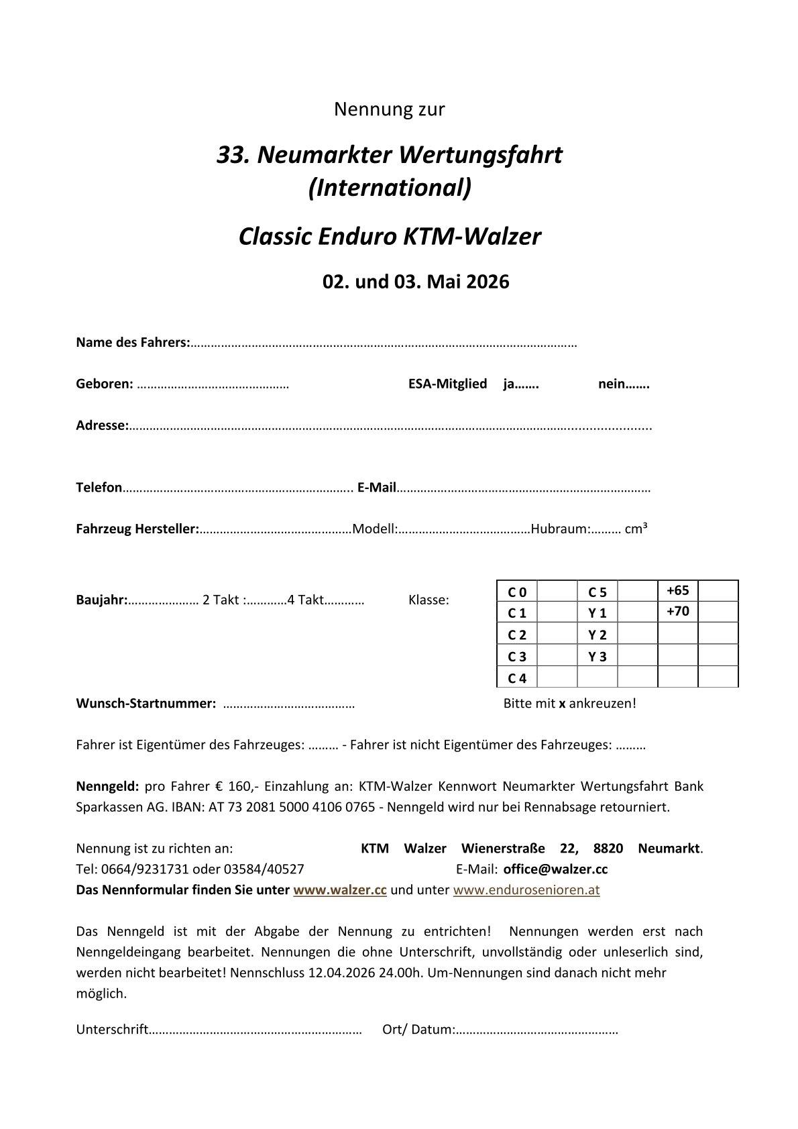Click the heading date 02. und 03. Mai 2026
416,282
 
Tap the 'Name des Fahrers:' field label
133,343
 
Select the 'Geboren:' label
105,384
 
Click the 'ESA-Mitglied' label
447,384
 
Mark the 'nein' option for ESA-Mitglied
623,384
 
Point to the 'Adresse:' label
102,425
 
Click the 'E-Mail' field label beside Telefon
377,488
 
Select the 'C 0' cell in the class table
517,592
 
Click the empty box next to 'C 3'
557,657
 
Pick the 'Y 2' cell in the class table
597,635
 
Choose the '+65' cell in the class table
678,591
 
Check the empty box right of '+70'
718,612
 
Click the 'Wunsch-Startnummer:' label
146,704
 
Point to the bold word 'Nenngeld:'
107,786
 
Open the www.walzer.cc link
340,890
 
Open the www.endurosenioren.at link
526,890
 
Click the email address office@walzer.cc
555,869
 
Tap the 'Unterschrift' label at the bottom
112,1030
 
